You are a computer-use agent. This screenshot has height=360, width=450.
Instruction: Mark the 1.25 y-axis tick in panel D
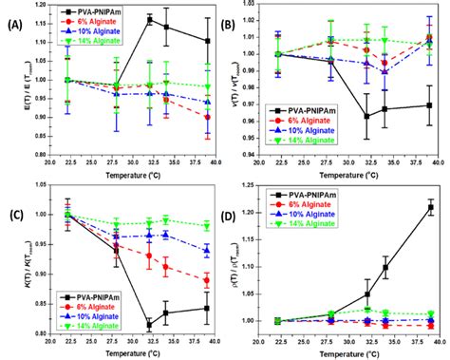[x=263, y=185]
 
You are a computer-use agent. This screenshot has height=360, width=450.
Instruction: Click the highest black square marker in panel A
[x=149, y=19]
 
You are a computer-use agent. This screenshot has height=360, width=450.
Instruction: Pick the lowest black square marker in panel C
[x=149, y=324]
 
